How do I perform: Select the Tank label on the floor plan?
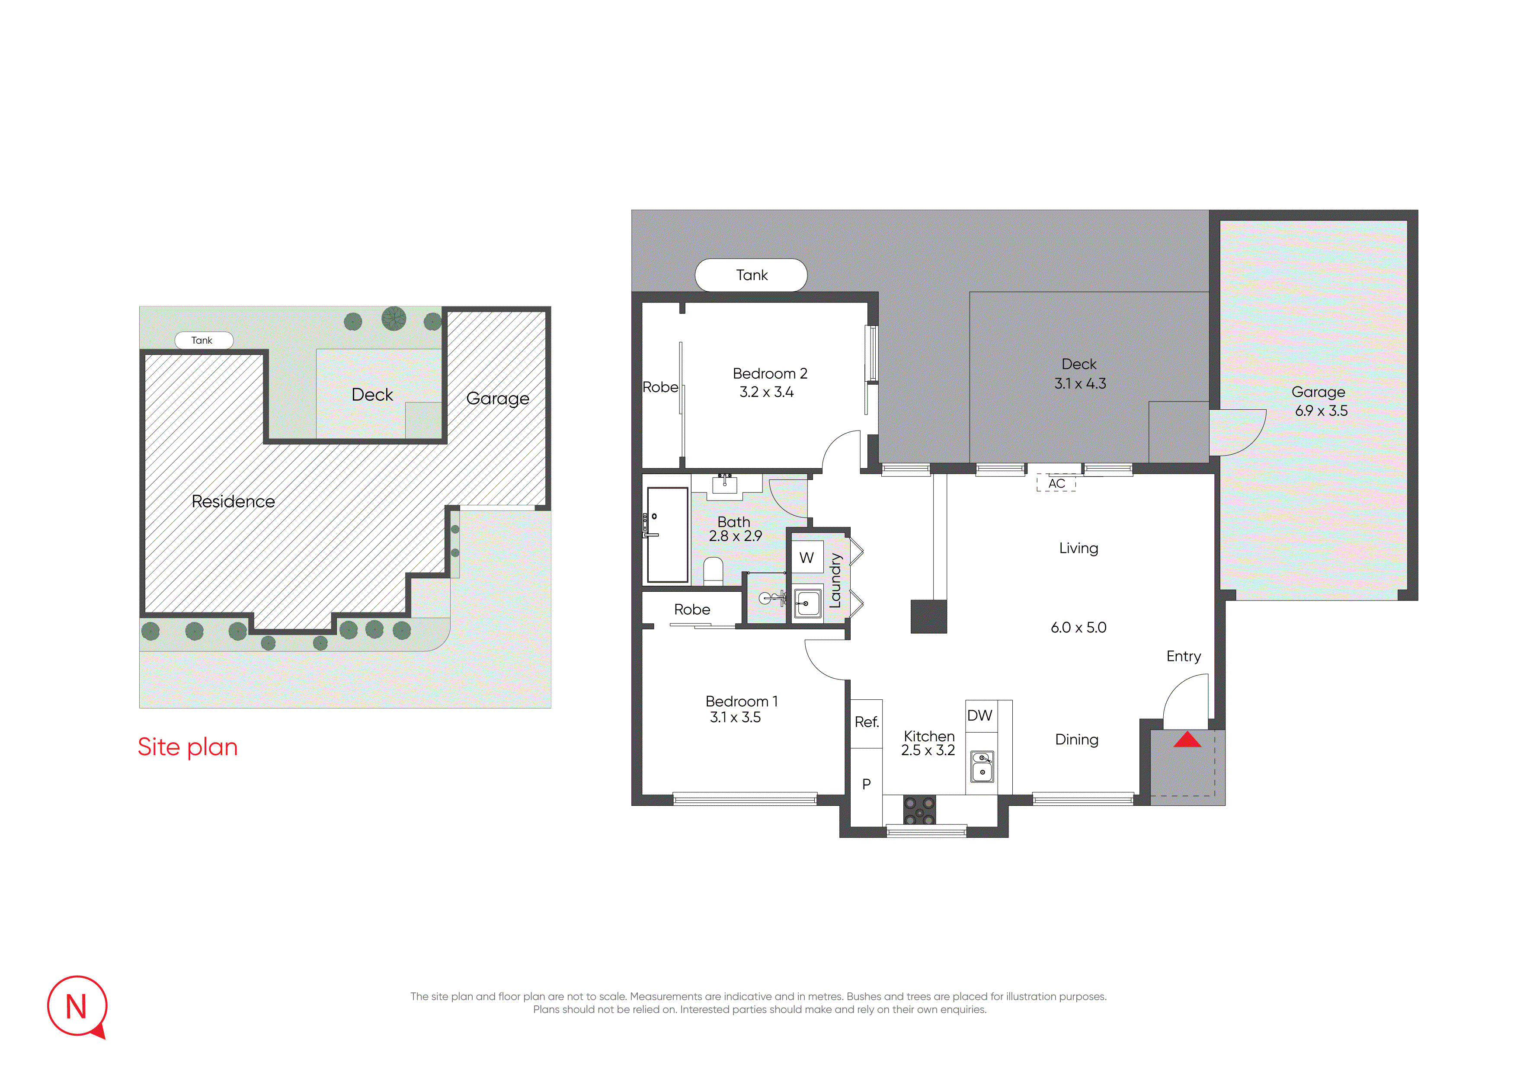click(752, 275)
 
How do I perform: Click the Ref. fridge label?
click(867, 722)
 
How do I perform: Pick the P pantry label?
click(866, 784)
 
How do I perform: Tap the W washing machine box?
click(807, 558)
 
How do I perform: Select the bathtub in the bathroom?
click(667, 535)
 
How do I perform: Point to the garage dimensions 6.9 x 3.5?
click(1322, 411)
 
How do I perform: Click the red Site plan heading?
click(188, 747)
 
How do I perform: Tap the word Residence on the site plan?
click(233, 501)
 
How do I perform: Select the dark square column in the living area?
click(928, 617)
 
